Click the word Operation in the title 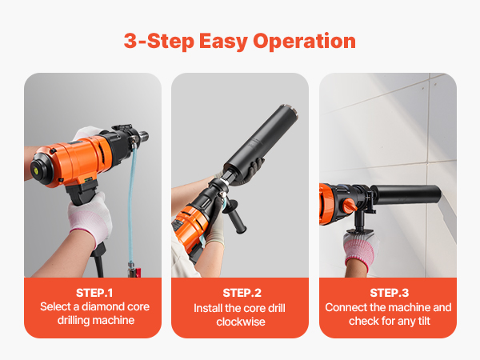pos(304,42)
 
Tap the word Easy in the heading pos(223,42)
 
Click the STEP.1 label pos(94,293)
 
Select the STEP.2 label pos(242,293)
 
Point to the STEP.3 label pos(389,293)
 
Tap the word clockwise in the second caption pos(241,322)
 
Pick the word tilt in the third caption pos(423,321)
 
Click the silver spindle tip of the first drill pos(143,136)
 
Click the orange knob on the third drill pos(349,206)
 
